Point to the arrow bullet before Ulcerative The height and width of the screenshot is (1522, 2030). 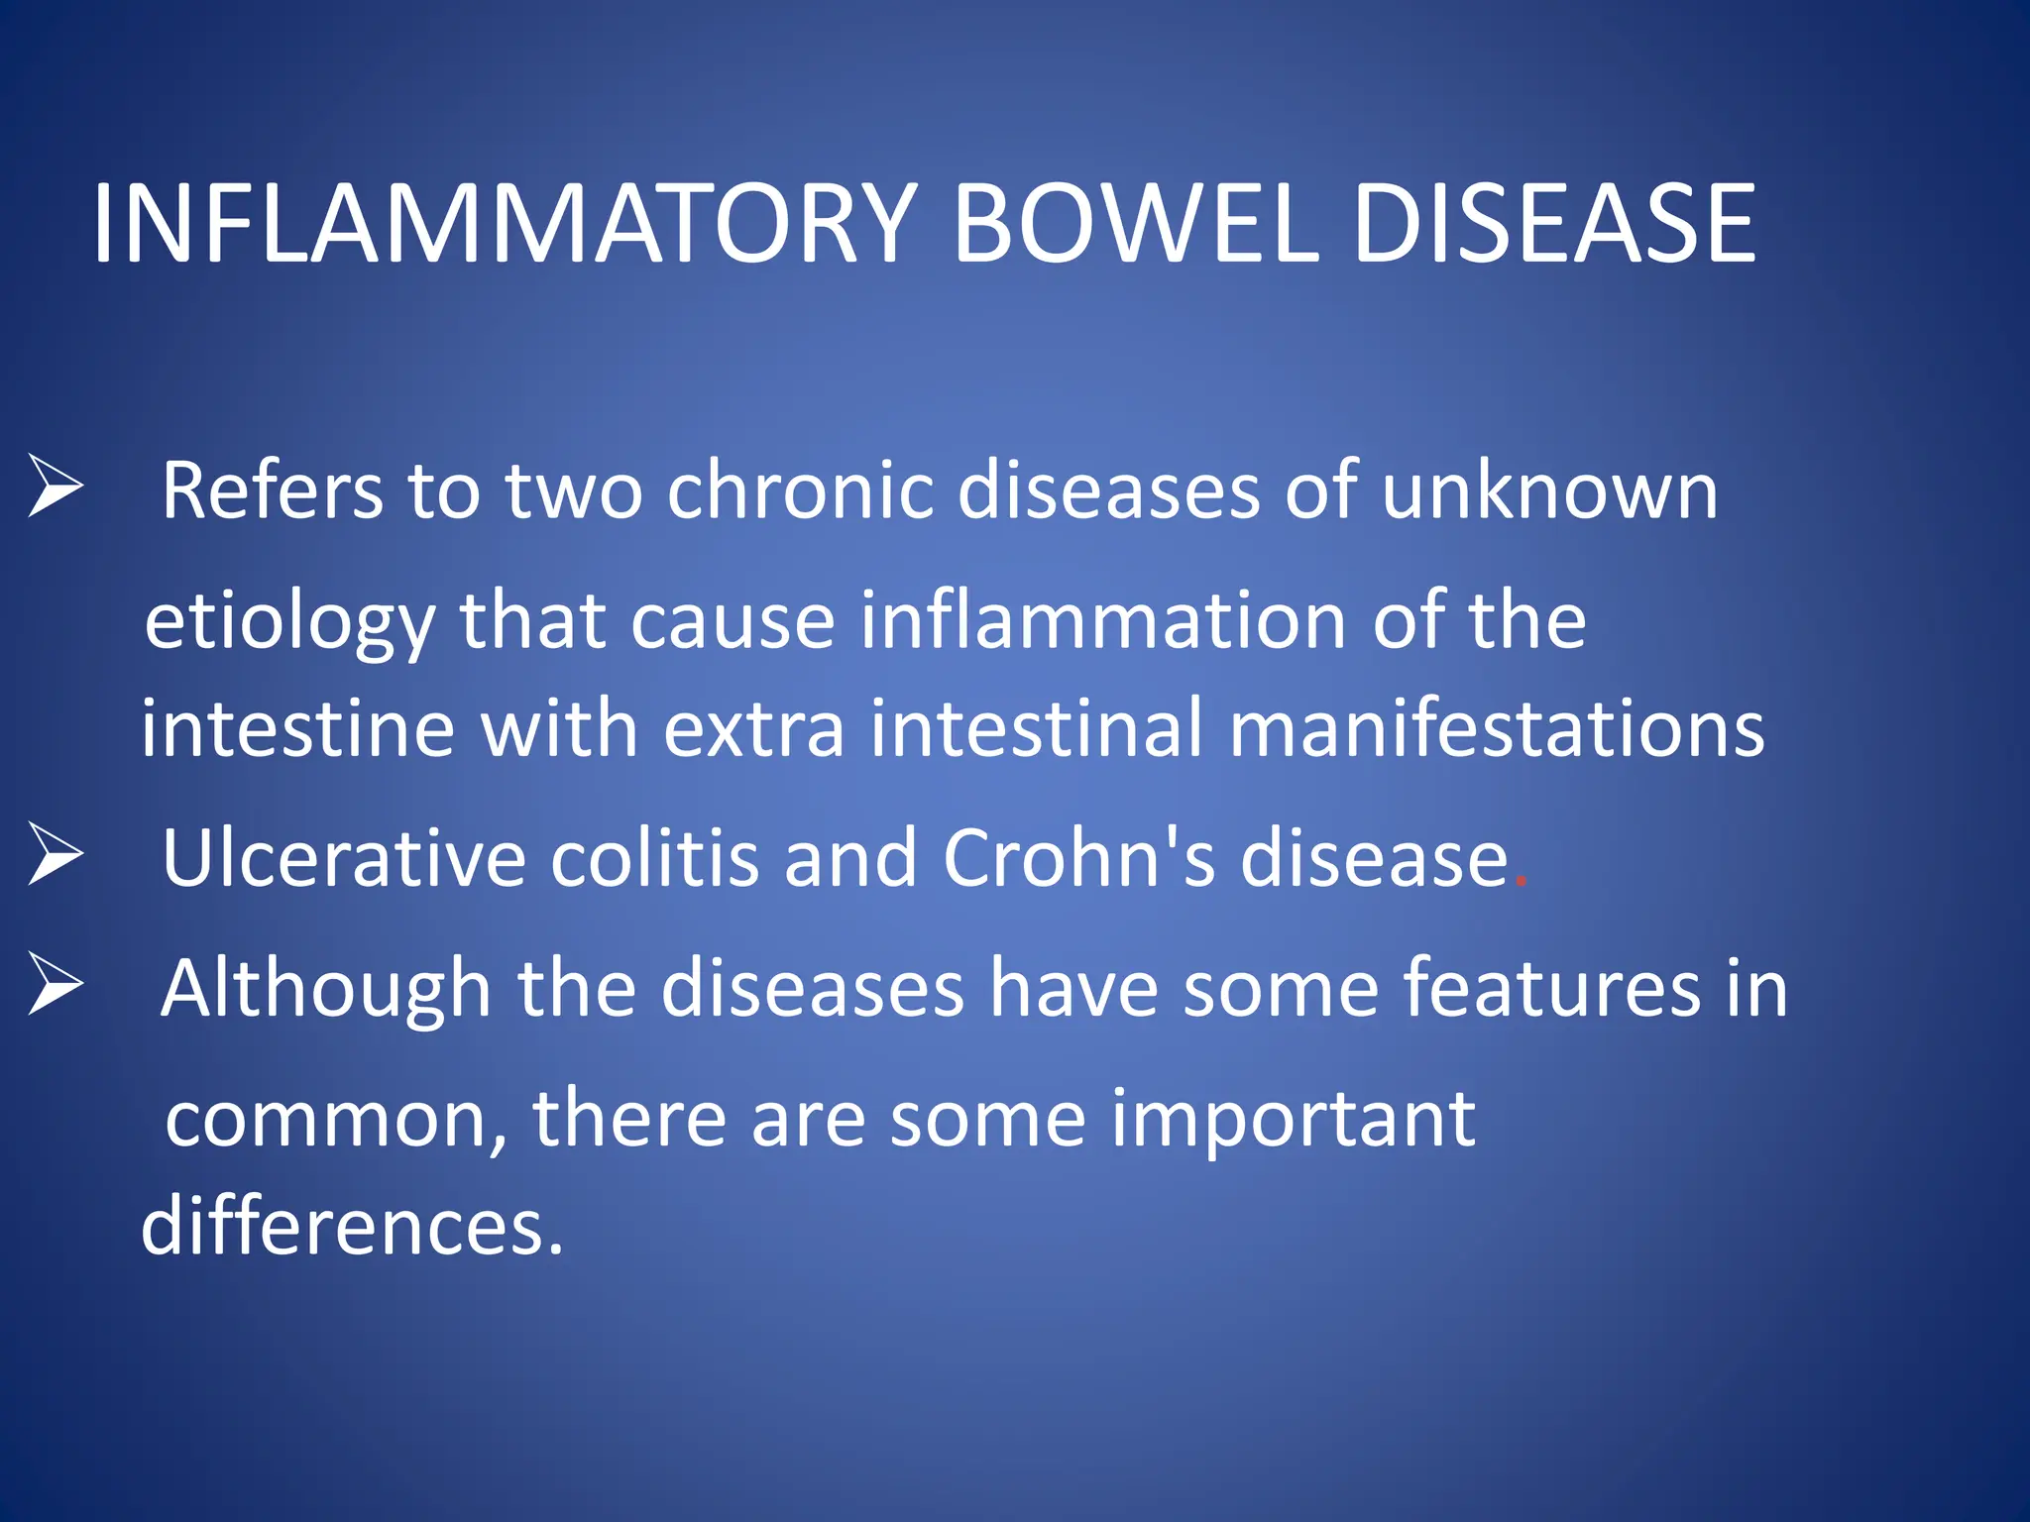click(x=55, y=853)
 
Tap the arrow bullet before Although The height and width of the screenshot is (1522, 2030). click(x=55, y=983)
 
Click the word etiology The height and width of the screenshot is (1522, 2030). click(x=288, y=622)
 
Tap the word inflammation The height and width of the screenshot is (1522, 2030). click(x=1102, y=620)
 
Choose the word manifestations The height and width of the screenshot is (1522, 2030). click(x=1497, y=728)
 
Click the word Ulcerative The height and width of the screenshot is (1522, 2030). click(x=343, y=858)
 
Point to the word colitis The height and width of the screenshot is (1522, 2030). click(x=654, y=858)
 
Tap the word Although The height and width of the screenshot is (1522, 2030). click(x=326, y=989)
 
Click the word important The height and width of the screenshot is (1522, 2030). click(x=1293, y=1120)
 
